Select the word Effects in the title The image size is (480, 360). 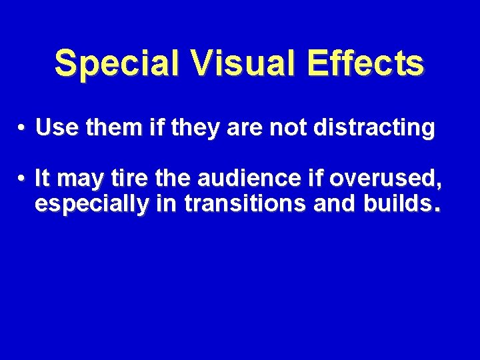[x=367, y=64]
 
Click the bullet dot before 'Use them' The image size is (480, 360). [x=22, y=127]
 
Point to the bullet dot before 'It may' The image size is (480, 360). [x=22, y=179]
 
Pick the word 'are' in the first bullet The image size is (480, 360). [x=245, y=127]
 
